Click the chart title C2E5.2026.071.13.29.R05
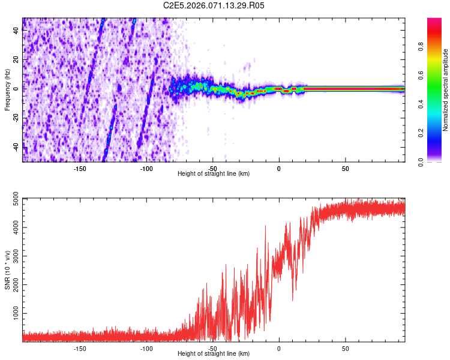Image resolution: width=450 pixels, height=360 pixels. click(214, 5)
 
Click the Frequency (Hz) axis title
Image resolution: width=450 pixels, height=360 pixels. click(7, 89)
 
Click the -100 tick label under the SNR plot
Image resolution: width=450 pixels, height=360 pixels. click(146, 348)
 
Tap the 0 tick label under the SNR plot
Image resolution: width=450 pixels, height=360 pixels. click(279, 348)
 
